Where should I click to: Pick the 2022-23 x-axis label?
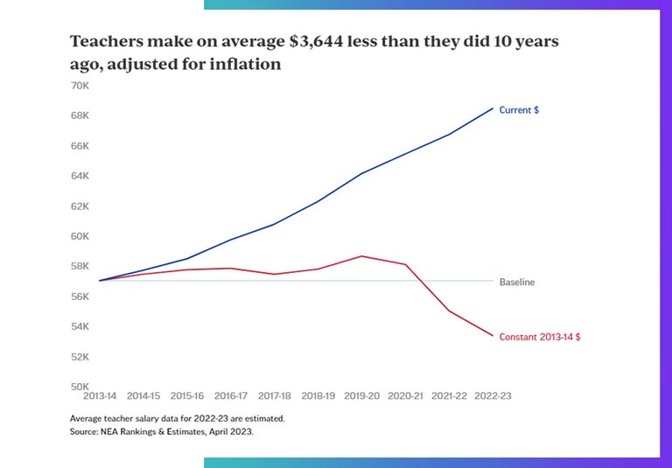pyautogui.click(x=493, y=396)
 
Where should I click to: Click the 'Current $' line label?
pyautogui.click(x=519, y=110)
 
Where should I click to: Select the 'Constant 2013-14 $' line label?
pyautogui.click(x=539, y=337)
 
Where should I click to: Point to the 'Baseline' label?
pyautogui.click(x=517, y=283)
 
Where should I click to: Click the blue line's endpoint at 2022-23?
pyautogui.click(x=493, y=108)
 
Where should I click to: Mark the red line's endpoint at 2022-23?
pyautogui.click(x=493, y=336)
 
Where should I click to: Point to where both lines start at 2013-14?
pyautogui.click(x=100, y=281)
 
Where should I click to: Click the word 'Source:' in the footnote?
pyautogui.click(x=85, y=432)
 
